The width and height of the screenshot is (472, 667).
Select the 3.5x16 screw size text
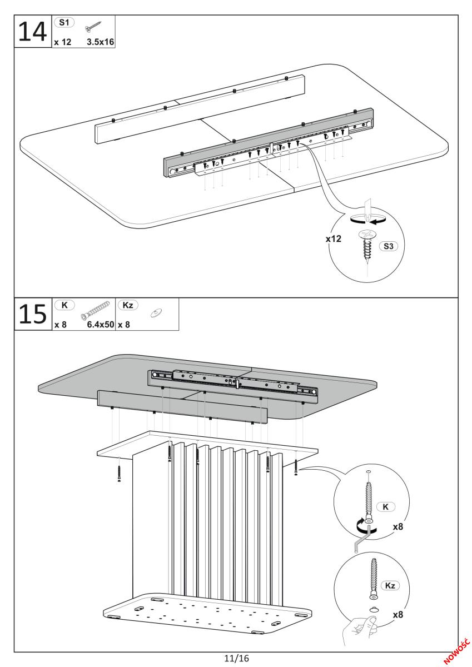pos(100,42)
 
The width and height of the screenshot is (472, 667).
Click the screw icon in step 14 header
pos(92,27)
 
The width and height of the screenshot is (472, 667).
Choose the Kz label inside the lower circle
pos(391,586)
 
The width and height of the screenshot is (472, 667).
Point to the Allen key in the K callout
pos(360,541)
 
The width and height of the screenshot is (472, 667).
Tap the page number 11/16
pos(236,658)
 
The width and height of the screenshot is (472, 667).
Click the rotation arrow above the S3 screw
pos(367,220)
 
